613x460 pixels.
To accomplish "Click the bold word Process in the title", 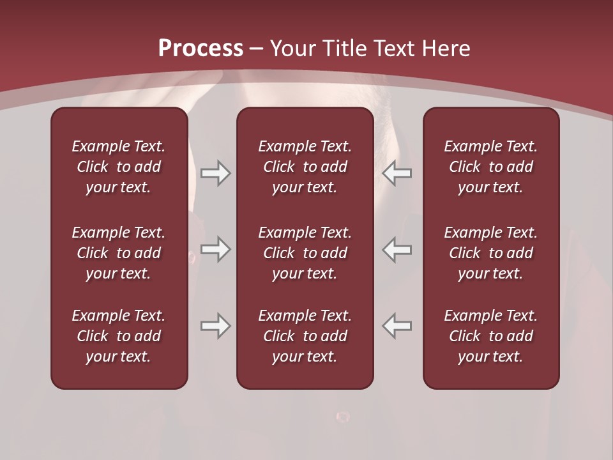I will click(201, 49).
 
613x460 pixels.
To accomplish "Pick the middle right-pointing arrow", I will click(216, 249).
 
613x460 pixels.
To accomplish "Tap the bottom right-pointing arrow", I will click(216, 326).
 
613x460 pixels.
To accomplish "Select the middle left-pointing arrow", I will click(397, 249).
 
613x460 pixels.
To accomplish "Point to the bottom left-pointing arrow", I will click(397, 326).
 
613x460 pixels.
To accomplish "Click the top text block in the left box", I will click(119, 167).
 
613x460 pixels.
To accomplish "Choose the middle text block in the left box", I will click(119, 253).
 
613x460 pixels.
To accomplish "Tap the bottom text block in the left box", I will click(119, 336).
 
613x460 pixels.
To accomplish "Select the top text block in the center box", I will click(305, 167).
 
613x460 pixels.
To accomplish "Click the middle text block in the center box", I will click(305, 253).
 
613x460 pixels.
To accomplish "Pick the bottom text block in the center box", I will click(305, 336).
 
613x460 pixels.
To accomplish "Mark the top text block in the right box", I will click(490, 167).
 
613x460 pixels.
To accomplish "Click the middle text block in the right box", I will click(490, 253).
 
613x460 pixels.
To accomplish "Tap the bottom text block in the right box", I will click(490, 336).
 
